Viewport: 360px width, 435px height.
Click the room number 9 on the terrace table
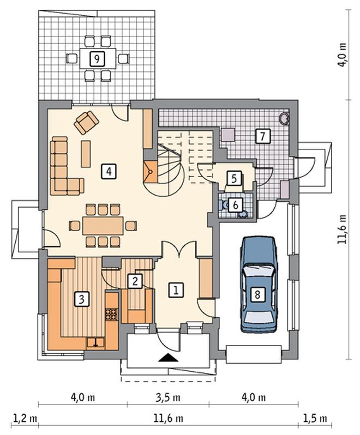pyautogui.click(x=97, y=59)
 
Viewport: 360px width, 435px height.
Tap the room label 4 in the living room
pyautogui.click(x=109, y=171)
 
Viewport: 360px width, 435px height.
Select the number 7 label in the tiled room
pyautogui.click(x=263, y=136)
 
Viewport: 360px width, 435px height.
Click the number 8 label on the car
pyautogui.click(x=257, y=294)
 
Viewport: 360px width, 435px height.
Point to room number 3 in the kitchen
pyautogui.click(x=82, y=299)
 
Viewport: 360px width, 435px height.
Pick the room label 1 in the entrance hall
pyautogui.click(x=176, y=290)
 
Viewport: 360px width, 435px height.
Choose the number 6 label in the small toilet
pyautogui.click(x=236, y=206)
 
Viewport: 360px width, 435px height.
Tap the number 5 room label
pyautogui.click(x=234, y=178)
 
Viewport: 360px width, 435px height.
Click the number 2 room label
pyautogui.click(x=135, y=281)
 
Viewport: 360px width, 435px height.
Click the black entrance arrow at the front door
pyautogui.click(x=168, y=358)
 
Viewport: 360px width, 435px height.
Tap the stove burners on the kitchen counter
pyautogui.click(x=112, y=315)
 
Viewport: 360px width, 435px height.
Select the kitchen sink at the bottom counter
pyautogui.click(x=96, y=343)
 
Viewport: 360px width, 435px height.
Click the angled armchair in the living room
pyautogui.click(x=86, y=122)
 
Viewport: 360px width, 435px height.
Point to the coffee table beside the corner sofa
pyautogui.click(x=86, y=154)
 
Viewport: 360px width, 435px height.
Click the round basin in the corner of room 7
pyautogui.click(x=284, y=118)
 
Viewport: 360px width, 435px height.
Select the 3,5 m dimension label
pyautogui.click(x=168, y=397)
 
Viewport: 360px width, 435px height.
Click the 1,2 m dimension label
pyautogui.click(x=25, y=418)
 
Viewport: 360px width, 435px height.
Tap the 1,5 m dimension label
pyautogui.click(x=315, y=418)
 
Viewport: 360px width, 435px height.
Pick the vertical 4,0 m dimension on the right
pyautogui.click(x=342, y=55)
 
